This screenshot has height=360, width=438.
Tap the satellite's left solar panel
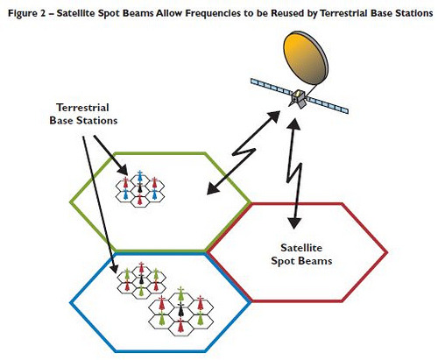pos(272,87)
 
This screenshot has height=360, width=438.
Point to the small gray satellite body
pos(298,98)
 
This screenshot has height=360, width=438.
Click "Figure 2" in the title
pos(26,13)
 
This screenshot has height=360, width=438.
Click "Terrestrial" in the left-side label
pos(83,108)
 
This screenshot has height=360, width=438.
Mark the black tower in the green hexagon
pos(140,188)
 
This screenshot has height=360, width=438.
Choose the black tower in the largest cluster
pos(180,310)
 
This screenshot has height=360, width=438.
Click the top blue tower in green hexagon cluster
pos(140,176)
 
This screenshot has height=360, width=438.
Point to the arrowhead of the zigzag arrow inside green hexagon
pos(213,188)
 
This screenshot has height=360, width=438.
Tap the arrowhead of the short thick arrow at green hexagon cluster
pos(123,170)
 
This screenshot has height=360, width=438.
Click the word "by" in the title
pos(314,14)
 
